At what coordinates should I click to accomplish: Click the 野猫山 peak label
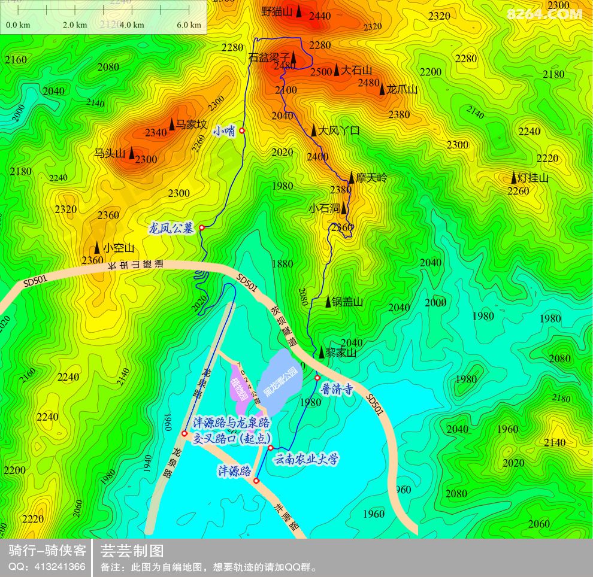click(x=277, y=11)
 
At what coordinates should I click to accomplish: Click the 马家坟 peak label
click(x=191, y=124)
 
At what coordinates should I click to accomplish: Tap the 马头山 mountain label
click(x=110, y=153)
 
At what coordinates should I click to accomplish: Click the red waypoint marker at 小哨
click(x=242, y=130)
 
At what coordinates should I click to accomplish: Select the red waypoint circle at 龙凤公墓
click(x=202, y=227)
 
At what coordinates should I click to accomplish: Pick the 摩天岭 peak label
click(x=371, y=178)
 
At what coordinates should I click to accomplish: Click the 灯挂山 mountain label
click(x=533, y=178)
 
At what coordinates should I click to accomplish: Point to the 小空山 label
click(x=118, y=247)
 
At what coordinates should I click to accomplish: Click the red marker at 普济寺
click(x=317, y=378)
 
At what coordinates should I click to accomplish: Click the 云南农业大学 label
click(x=306, y=460)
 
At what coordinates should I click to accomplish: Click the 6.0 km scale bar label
click(x=189, y=25)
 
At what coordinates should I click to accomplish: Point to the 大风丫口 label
click(x=338, y=130)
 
